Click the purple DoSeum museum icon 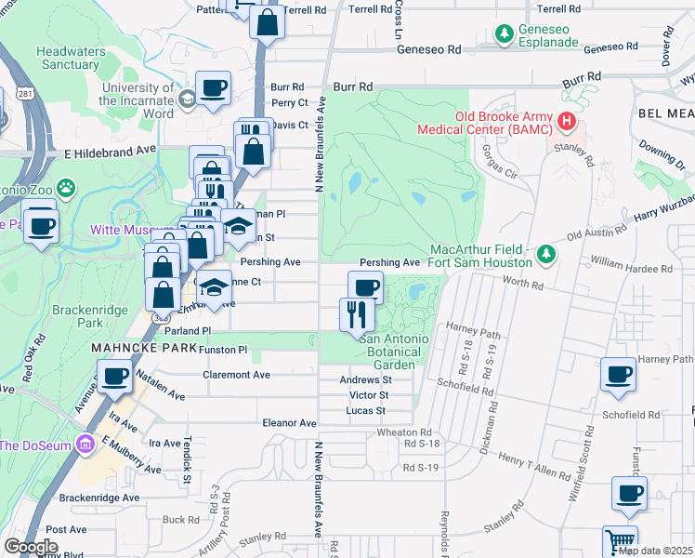[x=88, y=444]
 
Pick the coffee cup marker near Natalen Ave [x=115, y=377]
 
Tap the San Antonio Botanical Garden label [x=394, y=352]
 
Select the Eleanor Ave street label [x=290, y=422]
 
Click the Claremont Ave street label [x=238, y=375]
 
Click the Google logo [x=32, y=547]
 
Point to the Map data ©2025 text [x=654, y=551]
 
